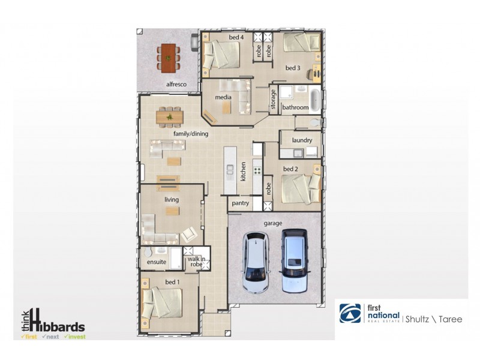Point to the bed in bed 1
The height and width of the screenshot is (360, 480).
click(x=165, y=303)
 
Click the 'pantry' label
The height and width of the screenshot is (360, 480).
click(x=241, y=204)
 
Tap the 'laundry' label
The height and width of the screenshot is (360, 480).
click(x=301, y=140)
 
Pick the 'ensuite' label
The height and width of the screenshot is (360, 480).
click(x=156, y=263)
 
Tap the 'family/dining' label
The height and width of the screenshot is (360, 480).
click(x=191, y=134)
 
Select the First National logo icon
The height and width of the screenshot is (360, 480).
click(x=350, y=314)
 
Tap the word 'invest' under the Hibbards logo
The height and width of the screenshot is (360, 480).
click(x=76, y=337)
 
